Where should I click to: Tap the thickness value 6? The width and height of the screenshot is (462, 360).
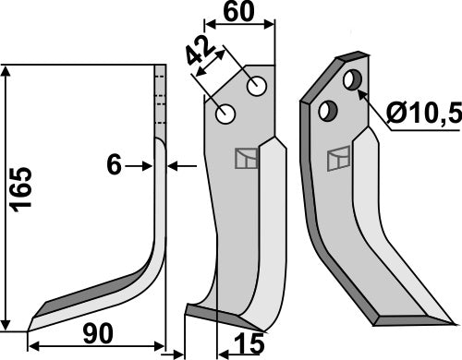114,165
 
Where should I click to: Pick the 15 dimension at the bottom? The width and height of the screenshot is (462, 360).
245,346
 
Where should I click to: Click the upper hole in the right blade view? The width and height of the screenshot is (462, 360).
351,80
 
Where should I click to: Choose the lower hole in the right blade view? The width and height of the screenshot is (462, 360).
325,110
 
